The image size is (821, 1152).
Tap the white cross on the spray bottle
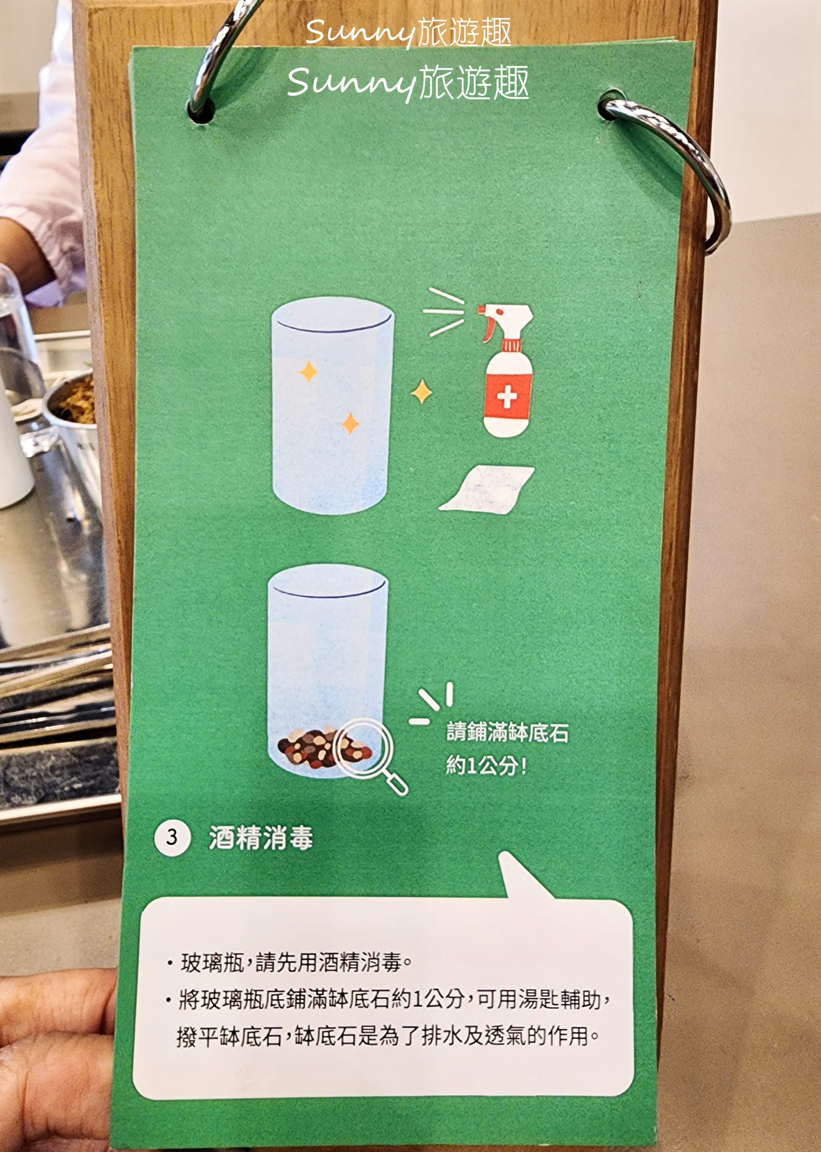pyautogui.click(x=507, y=397)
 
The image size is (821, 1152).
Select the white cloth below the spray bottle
pyautogui.click(x=486, y=489)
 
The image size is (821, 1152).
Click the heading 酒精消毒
pyautogui.click(x=261, y=838)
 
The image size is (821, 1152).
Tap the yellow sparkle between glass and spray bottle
pyautogui.click(x=421, y=392)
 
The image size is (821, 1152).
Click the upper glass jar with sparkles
pyautogui.click(x=332, y=404)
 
